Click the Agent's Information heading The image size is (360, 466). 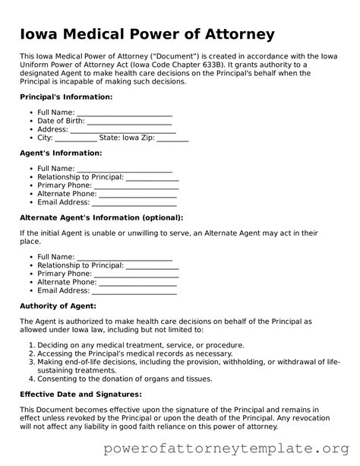[60, 153]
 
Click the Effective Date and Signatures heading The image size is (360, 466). [81, 394]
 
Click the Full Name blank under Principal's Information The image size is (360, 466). [124, 113]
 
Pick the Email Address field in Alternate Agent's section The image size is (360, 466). [134, 290]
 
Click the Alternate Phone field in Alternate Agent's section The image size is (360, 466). [136, 282]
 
